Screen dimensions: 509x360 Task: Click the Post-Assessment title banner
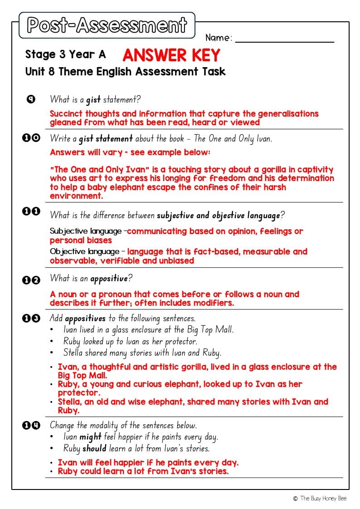tap(107, 25)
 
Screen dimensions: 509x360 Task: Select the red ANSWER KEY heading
tap(171, 55)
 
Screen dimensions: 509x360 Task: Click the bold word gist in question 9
tap(93, 99)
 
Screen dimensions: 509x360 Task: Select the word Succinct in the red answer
tap(66, 114)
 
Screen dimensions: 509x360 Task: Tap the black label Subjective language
tap(86, 231)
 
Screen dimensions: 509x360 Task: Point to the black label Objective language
tap(84, 252)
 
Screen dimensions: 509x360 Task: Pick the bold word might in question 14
tap(90, 437)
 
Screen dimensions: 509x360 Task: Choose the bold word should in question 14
tap(94, 448)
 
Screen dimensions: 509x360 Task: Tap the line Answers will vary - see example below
tap(130, 152)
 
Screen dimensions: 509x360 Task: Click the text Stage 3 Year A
tap(66, 55)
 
